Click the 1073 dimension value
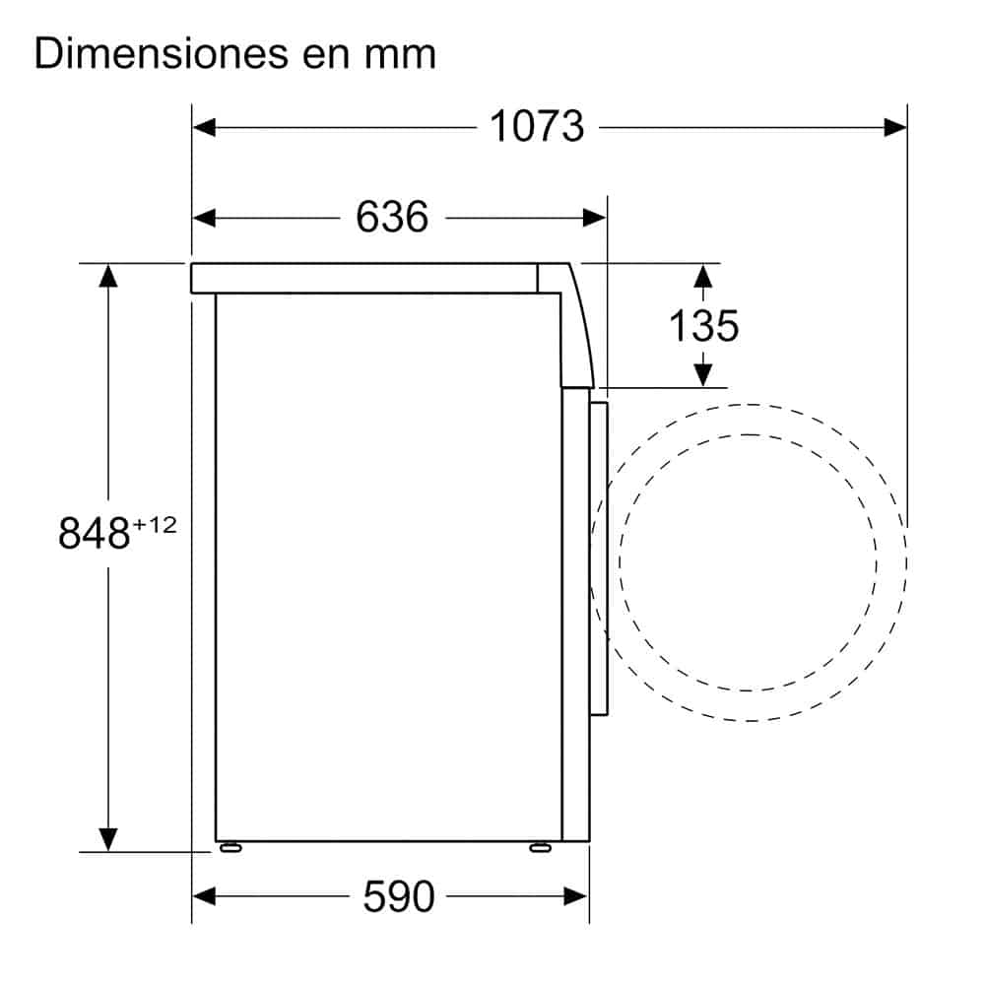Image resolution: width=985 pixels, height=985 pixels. click(537, 126)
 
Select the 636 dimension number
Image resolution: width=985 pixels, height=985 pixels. click(392, 217)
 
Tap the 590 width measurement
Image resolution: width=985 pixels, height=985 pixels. click(398, 895)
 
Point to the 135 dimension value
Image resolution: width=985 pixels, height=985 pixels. click(703, 325)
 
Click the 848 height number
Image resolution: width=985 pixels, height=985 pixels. click(95, 534)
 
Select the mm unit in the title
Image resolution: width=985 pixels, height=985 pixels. click(402, 55)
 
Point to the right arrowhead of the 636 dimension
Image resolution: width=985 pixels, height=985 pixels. click(595, 217)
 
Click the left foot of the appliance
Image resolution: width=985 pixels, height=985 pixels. click(230, 846)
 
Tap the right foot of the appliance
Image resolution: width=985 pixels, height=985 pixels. click(540, 846)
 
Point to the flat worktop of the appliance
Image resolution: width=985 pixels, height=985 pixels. click(364, 278)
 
